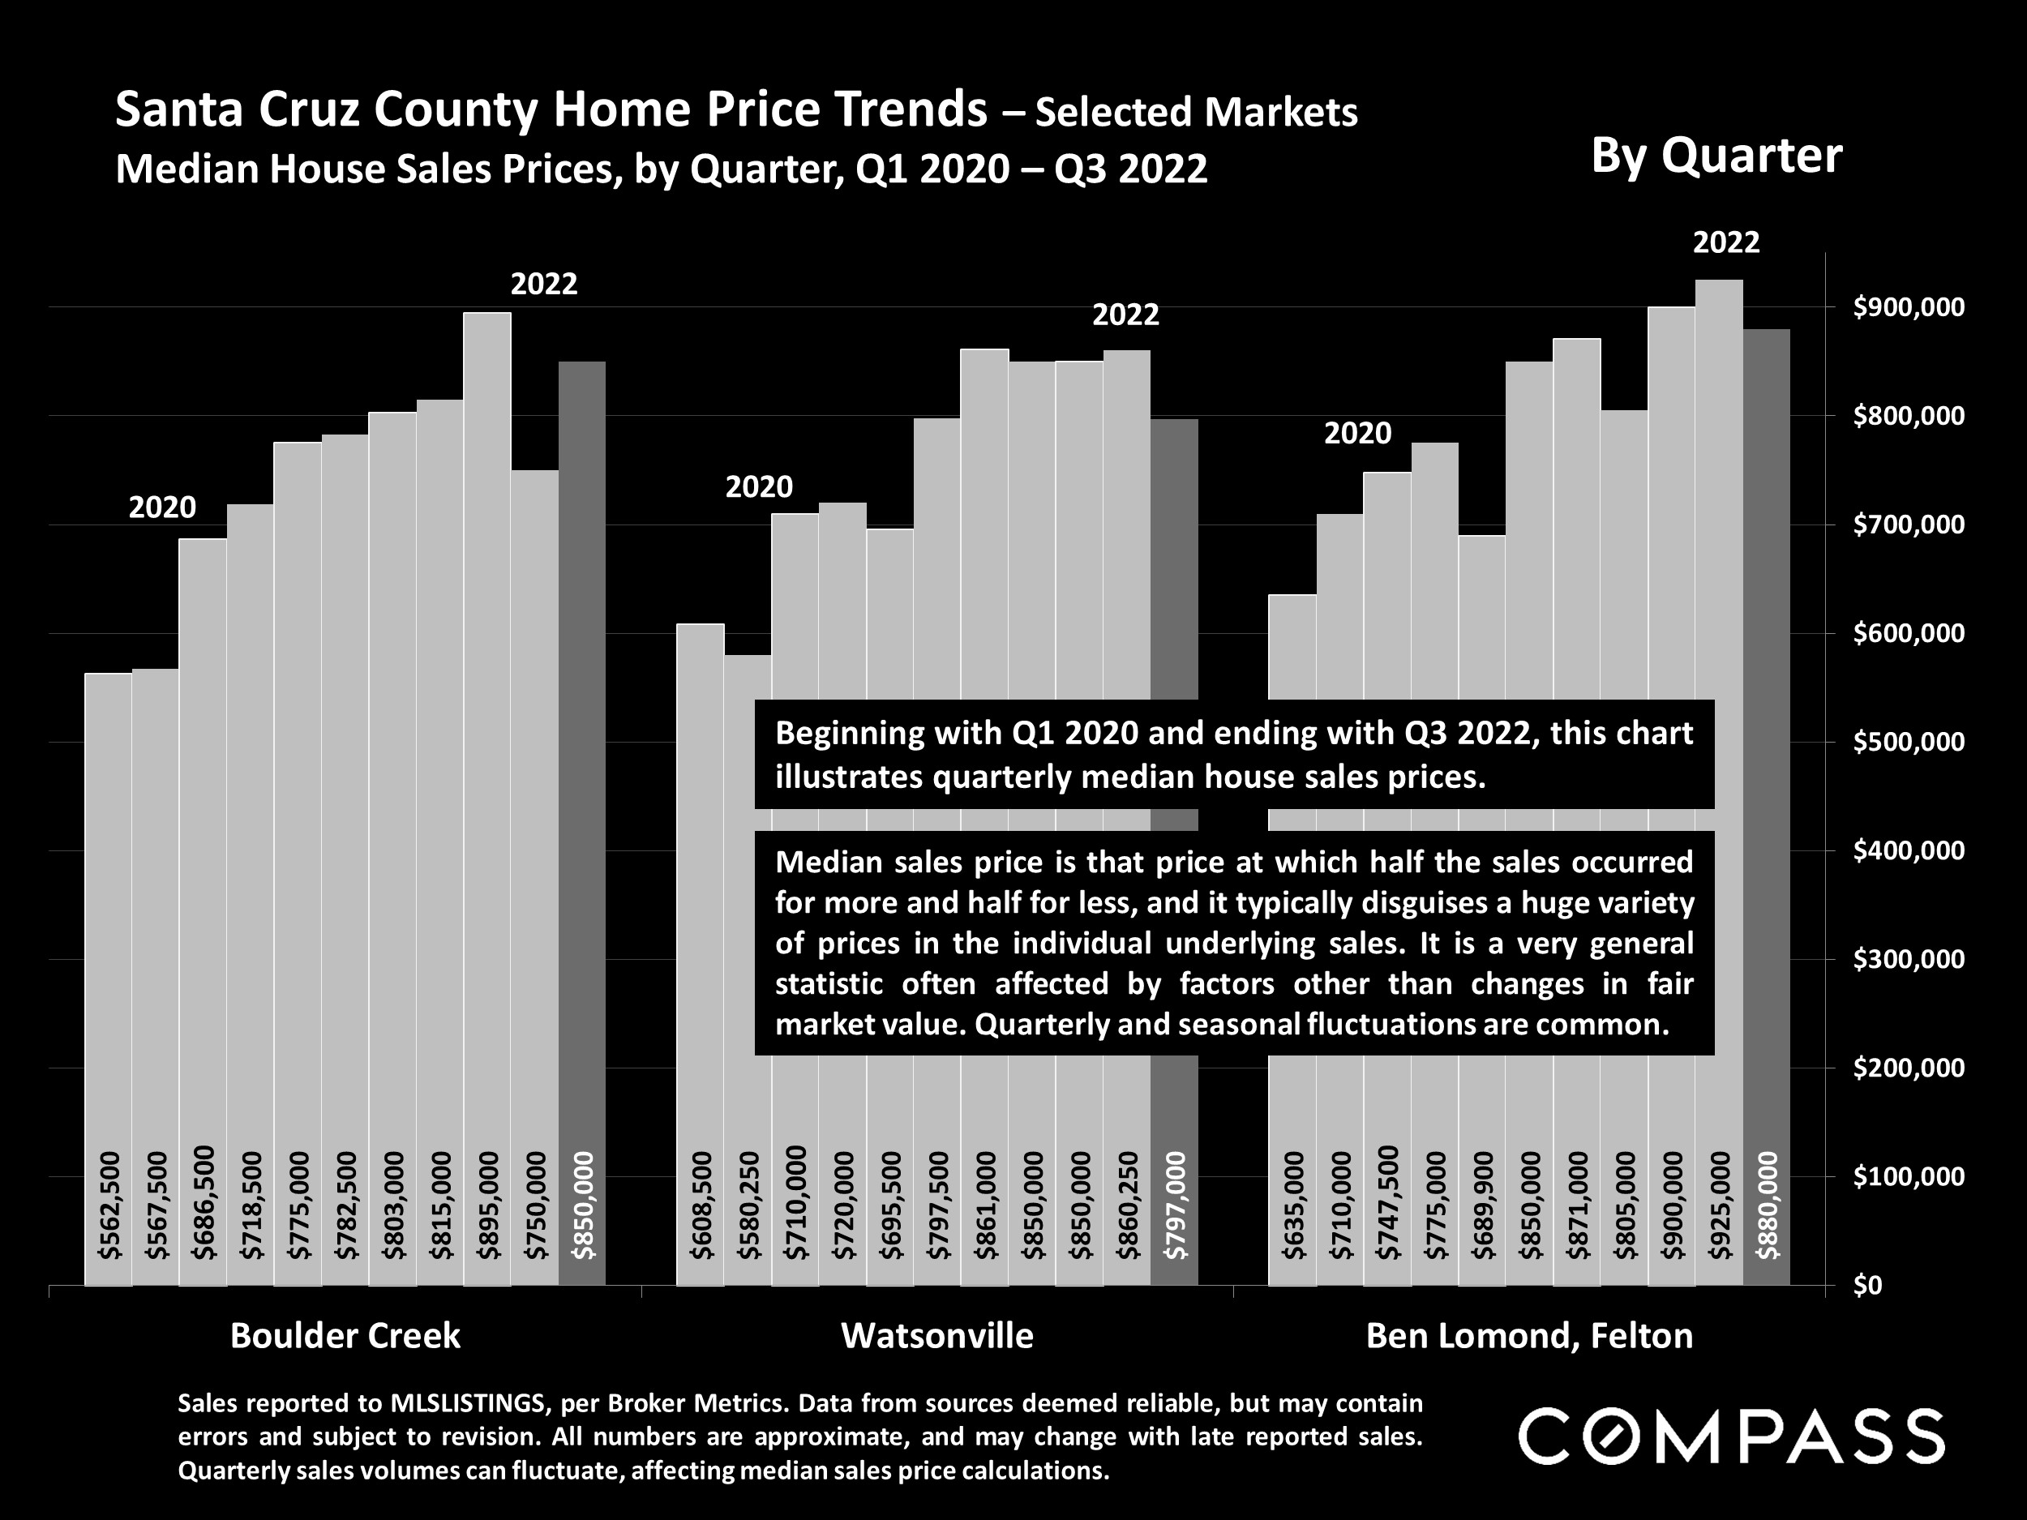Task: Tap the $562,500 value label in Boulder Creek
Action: pos(109,1205)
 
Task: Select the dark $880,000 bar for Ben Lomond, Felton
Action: pos(1767,641)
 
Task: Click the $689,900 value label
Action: pos(1483,1205)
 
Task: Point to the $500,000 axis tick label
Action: pos(1909,741)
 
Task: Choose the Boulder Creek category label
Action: pos(345,1336)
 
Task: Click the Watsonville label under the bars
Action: pos(937,1336)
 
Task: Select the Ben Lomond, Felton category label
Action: pos(1529,1336)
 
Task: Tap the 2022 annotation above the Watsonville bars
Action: pos(1125,315)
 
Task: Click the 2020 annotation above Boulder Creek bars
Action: pos(162,507)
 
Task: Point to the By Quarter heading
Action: pos(1716,156)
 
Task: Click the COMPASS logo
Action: pos(1732,1437)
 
